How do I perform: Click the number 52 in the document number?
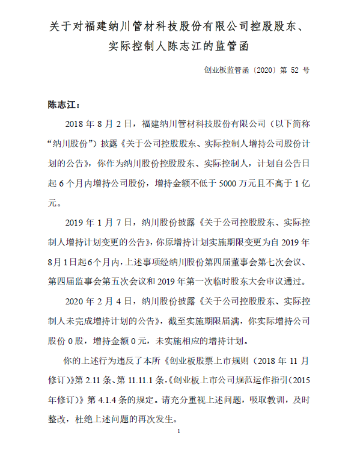click(294, 70)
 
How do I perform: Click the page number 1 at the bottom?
click(180, 432)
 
